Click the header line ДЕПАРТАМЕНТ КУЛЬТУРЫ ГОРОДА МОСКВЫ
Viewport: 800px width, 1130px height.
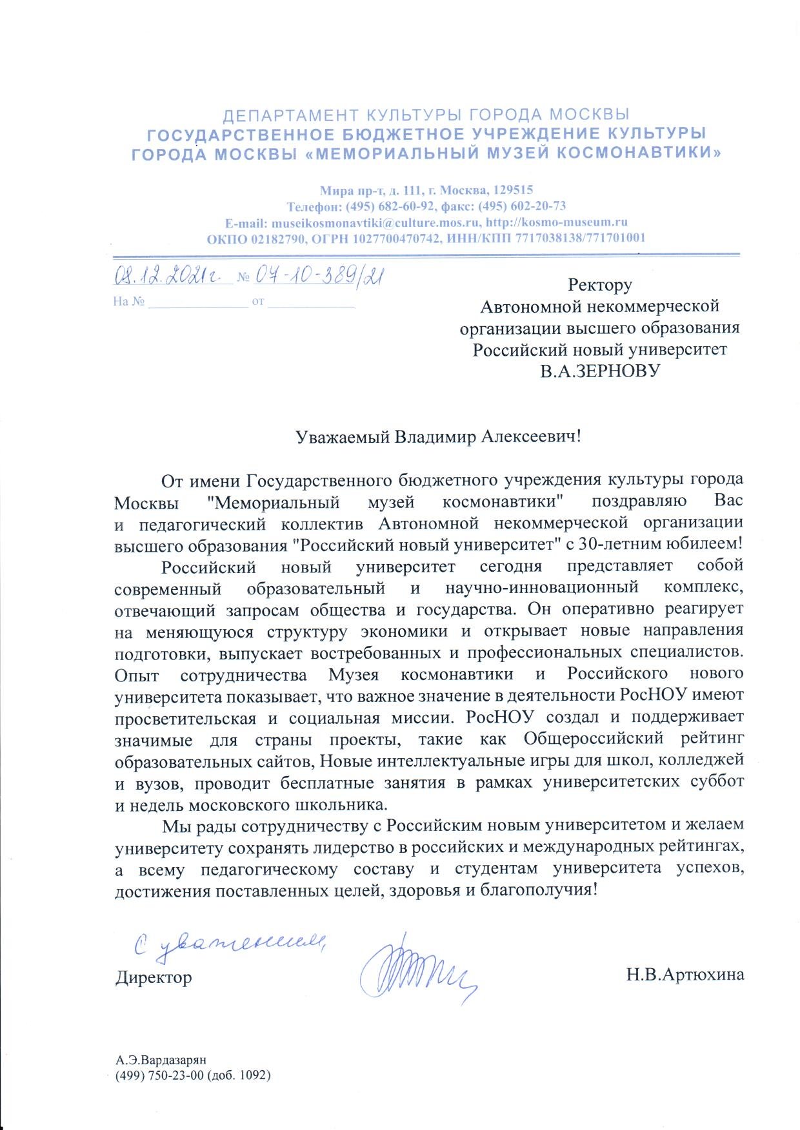coord(426,116)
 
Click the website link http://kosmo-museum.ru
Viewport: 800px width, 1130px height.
coord(557,222)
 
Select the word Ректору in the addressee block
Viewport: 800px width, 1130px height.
coord(599,284)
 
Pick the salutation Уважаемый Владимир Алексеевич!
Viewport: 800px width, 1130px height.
coord(438,437)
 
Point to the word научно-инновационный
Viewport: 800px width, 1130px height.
coord(542,587)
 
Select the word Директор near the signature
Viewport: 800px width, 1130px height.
coord(154,977)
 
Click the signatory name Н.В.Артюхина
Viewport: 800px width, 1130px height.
coord(685,975)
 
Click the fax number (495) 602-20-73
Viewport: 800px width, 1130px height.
coord(522,206)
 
